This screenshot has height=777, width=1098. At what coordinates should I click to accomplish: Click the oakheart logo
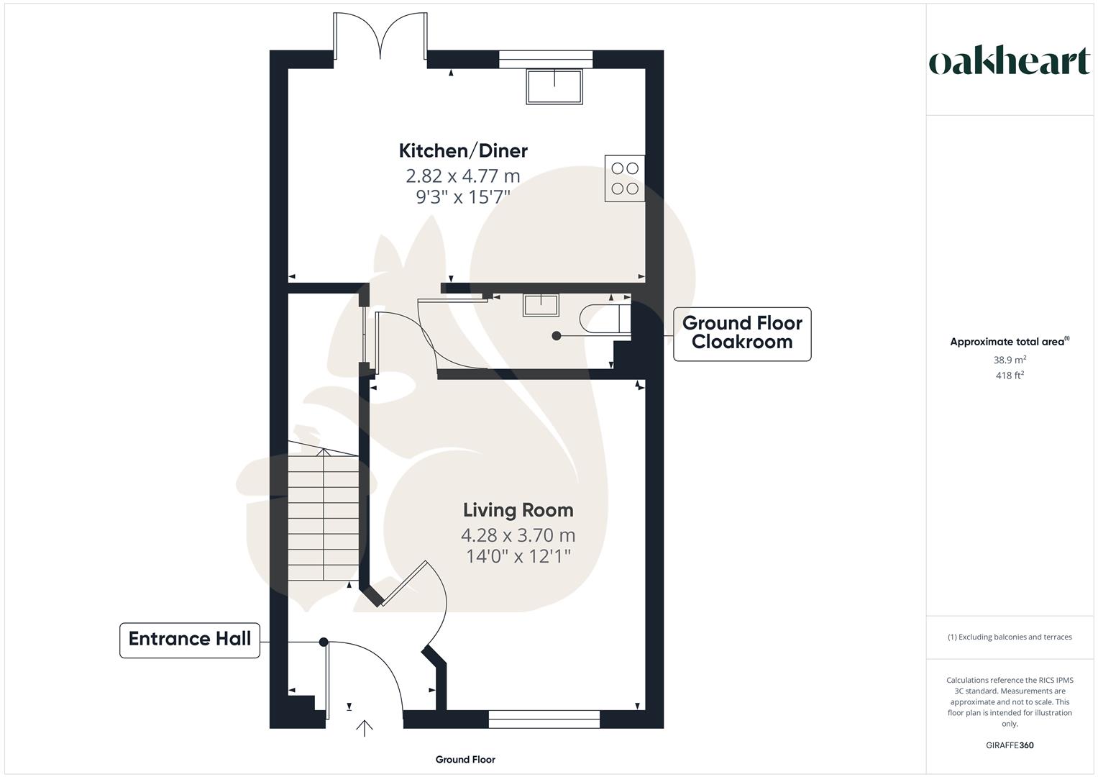[1010, 62]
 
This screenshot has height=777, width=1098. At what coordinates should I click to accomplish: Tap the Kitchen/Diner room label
[463, 150]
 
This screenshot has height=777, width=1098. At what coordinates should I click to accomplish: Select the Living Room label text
[518, 510]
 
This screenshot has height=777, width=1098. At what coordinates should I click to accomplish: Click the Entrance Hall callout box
[190, 639]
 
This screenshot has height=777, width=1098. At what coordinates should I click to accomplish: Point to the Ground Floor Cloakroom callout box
[741, 333]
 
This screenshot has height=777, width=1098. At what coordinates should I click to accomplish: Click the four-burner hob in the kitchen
[624, 178]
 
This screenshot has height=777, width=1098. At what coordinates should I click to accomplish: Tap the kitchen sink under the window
[554, 86]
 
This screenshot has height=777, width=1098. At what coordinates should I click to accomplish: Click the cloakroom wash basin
[541, 305]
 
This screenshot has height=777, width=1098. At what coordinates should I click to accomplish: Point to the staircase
[324, 514]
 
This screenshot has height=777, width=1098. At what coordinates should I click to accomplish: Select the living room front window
[544, 715]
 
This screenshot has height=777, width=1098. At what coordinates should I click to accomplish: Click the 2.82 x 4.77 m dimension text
[462, 176]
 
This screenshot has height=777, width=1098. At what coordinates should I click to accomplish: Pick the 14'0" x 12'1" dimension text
[518, 556]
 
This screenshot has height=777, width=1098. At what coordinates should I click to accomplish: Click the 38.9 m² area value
[1010, 360]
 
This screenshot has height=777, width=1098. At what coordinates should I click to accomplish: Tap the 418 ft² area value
[1010, 376]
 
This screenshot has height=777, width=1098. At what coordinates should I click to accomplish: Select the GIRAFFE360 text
[1010, 745]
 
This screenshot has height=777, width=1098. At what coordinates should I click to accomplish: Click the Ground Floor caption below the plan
[465, 760]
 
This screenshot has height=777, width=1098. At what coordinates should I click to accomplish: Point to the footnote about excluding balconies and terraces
[1010, 637]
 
